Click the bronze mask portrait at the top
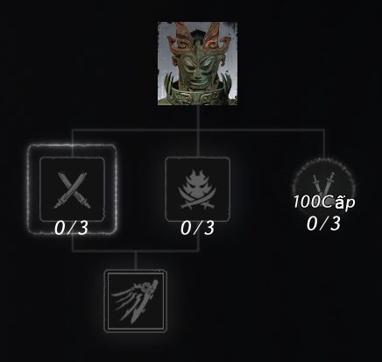click(197, 63)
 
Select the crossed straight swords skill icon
click(72, 189)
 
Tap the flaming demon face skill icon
click(198, 189)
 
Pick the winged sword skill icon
click(136, 301)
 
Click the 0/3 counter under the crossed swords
click(71, 228)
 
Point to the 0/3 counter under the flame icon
click(197, 228)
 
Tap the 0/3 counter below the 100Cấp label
click(323, 224)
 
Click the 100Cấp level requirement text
click(324, 202)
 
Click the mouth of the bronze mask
click(196, 81)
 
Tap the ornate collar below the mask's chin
click(196, 96)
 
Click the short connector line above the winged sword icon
click(136, 260)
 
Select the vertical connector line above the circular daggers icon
click(324, 144)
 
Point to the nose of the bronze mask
click(196, 72)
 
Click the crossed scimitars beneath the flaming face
click(198, 203)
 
